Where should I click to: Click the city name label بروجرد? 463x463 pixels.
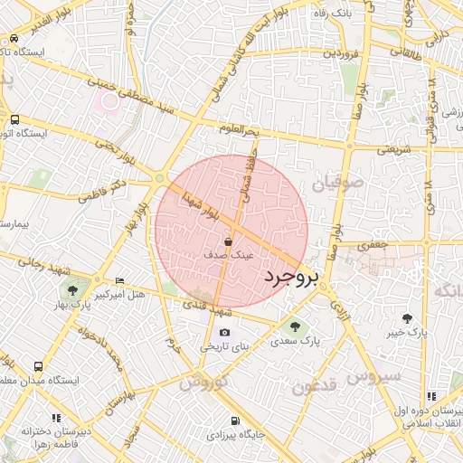(290, 278)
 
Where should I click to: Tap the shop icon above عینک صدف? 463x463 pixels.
(230, 242)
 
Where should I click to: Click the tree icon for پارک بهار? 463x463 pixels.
(72, 290)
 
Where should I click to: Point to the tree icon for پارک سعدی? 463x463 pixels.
(291, 326)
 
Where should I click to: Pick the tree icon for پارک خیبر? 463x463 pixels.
(407, 317)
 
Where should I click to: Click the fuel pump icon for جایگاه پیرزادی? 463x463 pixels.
(235, 420)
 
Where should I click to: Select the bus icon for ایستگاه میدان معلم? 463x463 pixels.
(38, 366)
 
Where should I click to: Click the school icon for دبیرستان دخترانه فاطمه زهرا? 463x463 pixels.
(56, 418)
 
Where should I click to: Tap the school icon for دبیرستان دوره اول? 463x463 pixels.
(431, 396)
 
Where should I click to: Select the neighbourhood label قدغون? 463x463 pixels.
(314, 387)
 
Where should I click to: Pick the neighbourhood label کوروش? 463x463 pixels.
(201, 383)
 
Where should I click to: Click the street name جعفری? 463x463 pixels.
(373, 244)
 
